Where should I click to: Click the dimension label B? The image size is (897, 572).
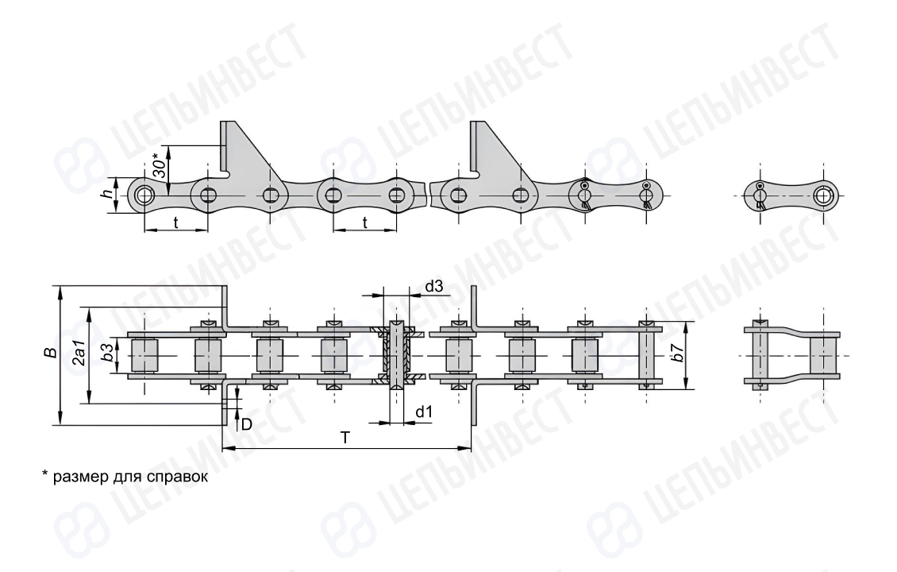click(x=52, y=352)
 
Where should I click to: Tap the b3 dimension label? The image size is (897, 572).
click(x=107, y=354)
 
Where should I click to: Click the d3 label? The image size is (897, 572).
click(x=434, y=286)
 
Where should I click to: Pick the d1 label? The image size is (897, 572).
click(x=424, y=412)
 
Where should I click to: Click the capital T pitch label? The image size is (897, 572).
click(x=345, y=438)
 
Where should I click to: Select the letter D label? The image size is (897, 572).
click(x=247, y=424)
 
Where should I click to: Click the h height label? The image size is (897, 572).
click(x=106, y=195)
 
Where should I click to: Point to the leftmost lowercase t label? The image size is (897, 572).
click(x=175, y=222)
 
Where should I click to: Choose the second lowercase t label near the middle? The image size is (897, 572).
click(x=365, y=222)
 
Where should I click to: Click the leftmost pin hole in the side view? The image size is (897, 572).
click(x=144, y=195)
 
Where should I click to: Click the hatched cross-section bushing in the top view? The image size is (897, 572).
click(x=396, y=356)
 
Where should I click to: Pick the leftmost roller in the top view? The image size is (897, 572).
click(x=144, y=356)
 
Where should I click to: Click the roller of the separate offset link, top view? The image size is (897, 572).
click(x=823, y=356)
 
